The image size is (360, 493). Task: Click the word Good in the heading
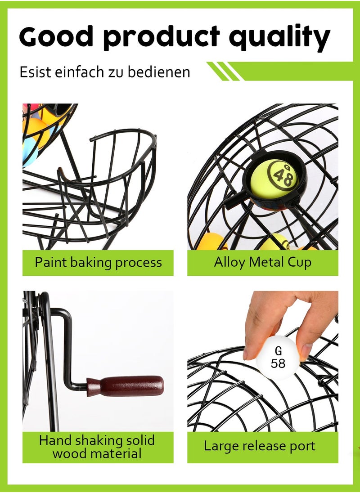point(56,36)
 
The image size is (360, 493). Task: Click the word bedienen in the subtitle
point(159,72)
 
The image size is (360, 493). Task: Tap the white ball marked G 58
point(278,358)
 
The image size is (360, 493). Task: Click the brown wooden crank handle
point(126,385)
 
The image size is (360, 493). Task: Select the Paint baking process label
point(98,263)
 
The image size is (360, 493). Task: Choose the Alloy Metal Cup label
point(263,263)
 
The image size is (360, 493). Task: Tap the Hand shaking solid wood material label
point(98,447)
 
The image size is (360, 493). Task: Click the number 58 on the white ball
point(278,363)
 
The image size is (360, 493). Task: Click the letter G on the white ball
point(278,350)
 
